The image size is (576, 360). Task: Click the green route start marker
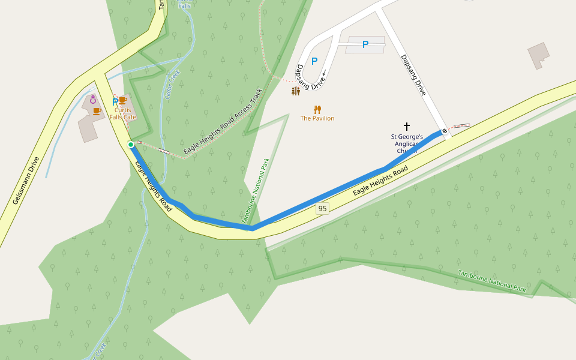click(x=131, y=145)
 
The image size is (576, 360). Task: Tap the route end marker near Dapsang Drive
click(x=445, y=131)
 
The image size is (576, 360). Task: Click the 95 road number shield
click(x=323, y=209)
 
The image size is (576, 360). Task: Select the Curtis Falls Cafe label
click(x=123, y=113)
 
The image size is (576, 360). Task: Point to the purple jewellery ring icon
click(x=93, y=100)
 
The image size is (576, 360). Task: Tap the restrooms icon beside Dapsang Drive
click(x=295, y=91)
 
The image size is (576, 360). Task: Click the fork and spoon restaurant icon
click(x=317, y=109)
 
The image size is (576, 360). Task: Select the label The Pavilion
click(x=317, y=119)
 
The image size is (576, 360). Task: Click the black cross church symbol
click(x=407, y=127)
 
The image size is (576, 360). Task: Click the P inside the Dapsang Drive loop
click(x=314, y=61)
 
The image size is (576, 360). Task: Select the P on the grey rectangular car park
click(x=365, y=44)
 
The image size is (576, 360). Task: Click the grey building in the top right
click(x=538, y=56)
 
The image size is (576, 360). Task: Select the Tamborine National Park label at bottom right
click(x=492, y=281)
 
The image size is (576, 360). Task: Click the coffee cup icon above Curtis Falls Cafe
click(x=122, y=100)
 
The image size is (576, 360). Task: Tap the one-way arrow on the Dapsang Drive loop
click(x=323, y=74)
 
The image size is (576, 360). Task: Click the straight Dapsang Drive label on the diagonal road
click(x=413, y=75)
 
